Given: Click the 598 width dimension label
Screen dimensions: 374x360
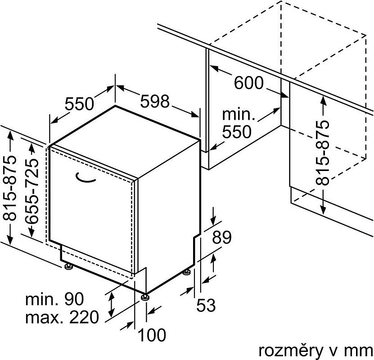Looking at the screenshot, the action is [x=155, y=101].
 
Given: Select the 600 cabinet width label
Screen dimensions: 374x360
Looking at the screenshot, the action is [x=249, y=83].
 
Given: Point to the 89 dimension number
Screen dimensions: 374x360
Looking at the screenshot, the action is [x=222, y=237].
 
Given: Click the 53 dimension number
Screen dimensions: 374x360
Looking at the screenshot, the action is [x=206, y=305].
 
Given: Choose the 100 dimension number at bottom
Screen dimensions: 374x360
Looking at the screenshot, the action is [x=152, y=335].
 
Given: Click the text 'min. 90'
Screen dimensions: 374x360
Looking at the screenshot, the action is [x=54, y=299].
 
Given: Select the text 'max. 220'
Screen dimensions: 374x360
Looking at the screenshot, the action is [x=62, y=317].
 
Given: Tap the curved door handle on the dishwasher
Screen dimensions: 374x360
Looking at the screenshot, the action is [x=85, y=178].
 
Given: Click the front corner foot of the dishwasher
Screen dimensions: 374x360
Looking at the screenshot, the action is [x=145, y=297].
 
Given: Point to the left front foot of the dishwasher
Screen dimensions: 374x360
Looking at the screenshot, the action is [x=68, y=266].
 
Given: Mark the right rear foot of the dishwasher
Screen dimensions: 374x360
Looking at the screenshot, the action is [x=187, y=272].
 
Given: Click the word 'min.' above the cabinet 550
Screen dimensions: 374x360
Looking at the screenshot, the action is [x=239, y=114].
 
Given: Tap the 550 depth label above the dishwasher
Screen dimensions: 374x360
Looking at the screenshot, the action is [x=79, y=103].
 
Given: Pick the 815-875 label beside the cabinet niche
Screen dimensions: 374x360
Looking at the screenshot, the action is [x=323, y=153].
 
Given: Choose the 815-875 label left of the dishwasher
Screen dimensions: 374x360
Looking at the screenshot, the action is [x=9, y=188].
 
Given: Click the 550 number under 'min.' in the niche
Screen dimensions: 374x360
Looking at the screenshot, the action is [x=237, y=131].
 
